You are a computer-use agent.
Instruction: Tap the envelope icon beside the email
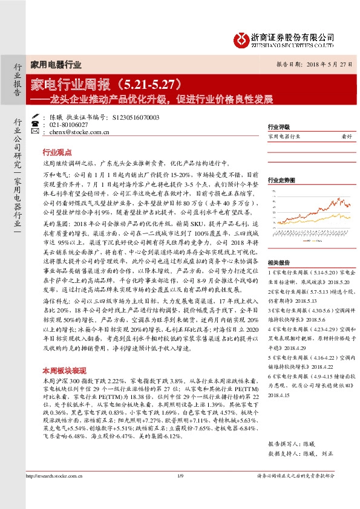click(x=38, y=131)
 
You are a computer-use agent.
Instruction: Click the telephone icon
click(x=38, y=124)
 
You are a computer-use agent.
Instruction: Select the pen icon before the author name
click(x=38, y=117)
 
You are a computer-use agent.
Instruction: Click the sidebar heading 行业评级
click(x=279, y=128)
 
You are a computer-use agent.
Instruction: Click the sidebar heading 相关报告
click(x=279, y=247)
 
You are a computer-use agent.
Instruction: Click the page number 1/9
click(x=180, y=477)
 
